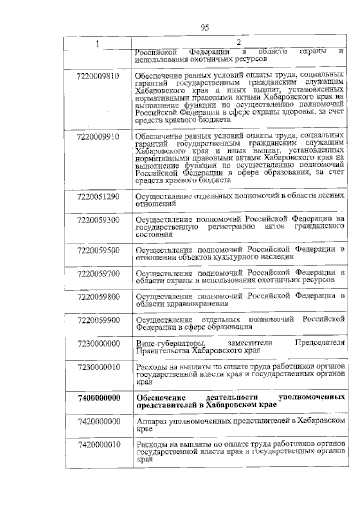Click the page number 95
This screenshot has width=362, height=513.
pos(205,28)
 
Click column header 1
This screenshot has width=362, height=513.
pos(97,43)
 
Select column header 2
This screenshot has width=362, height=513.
pos(239,43)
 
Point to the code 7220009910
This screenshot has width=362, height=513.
pos(98,137)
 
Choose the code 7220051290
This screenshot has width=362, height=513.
pos(98,197)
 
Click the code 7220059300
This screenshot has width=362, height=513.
pos(98,220)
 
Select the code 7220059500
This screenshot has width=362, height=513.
pos(98,250)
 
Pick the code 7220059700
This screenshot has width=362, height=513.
pos(98,274)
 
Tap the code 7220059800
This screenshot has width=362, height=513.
pos(98,297)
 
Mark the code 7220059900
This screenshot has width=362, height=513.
pos(98,320)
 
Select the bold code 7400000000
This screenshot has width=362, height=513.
pos(99,398)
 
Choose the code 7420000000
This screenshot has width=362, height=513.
pos(99,421)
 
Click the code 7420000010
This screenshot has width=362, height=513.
pos(99,445)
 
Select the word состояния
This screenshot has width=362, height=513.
pos(154,234)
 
